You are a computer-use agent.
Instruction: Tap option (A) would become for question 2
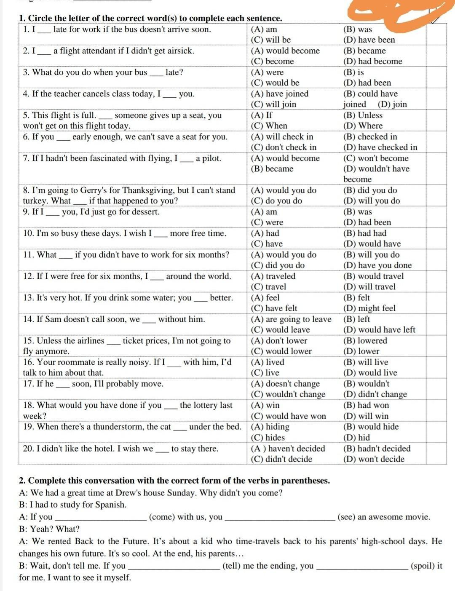285,51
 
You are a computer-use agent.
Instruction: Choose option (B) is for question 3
353,72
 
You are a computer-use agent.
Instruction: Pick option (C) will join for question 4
273,104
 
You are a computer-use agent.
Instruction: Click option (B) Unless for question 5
363,115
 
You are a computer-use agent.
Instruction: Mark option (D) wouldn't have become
376,169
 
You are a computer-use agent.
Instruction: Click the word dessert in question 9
143,212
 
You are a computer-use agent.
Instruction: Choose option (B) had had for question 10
365,233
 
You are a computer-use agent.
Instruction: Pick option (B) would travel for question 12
373,276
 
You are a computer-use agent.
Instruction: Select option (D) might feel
369,308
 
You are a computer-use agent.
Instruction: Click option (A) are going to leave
291,319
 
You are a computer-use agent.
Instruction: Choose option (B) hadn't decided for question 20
377,449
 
